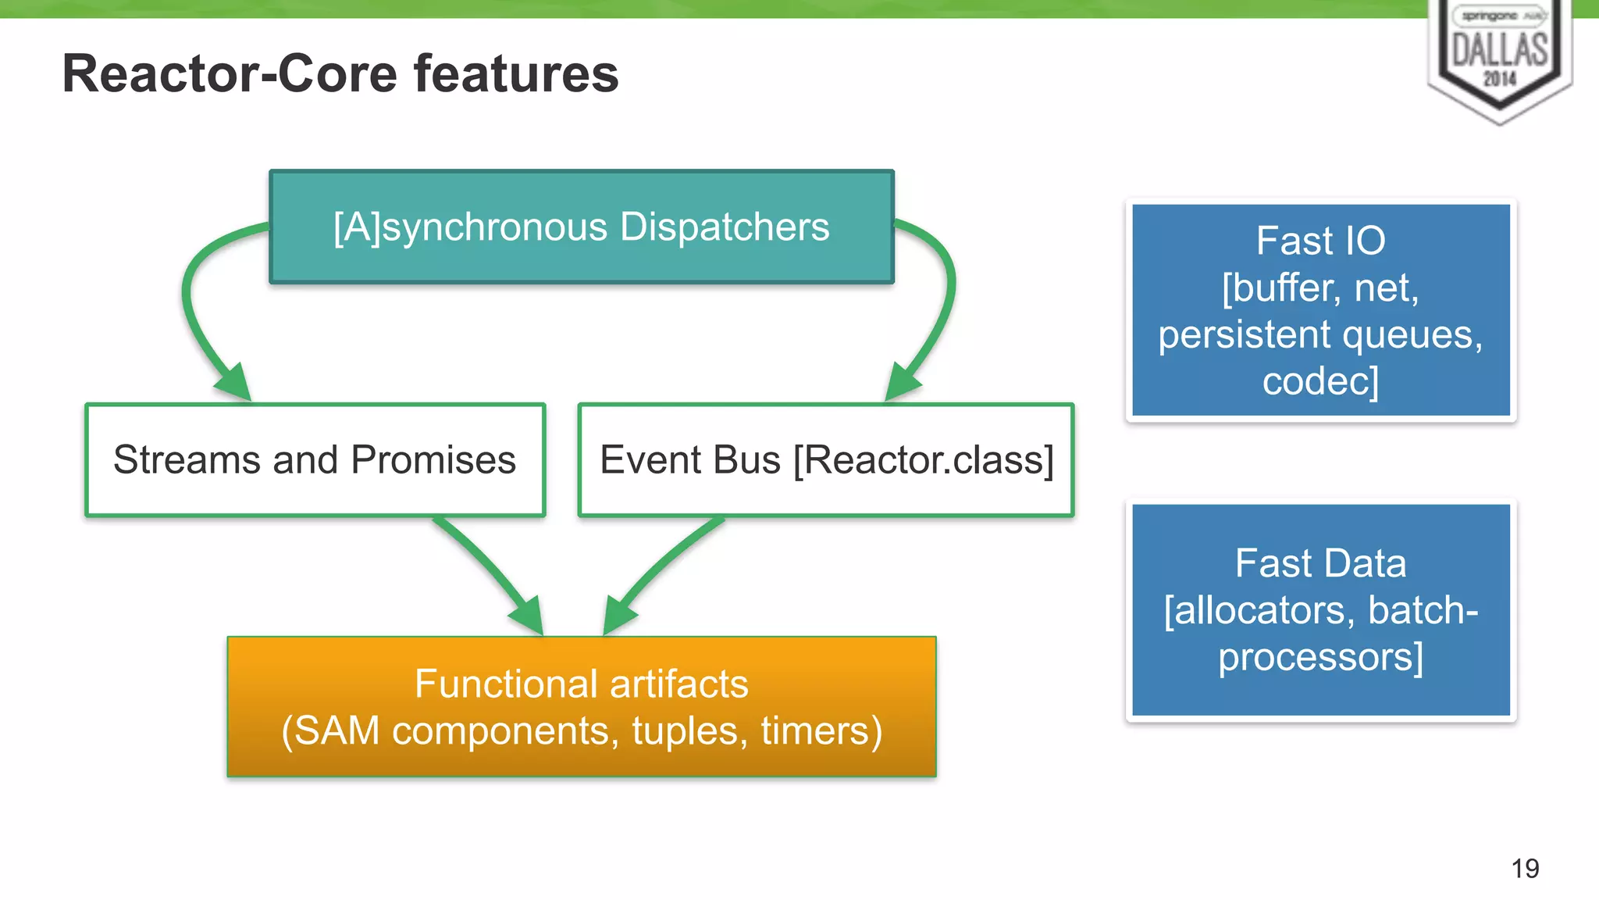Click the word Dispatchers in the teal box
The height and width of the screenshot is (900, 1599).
724,227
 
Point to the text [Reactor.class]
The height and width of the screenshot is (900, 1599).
924,459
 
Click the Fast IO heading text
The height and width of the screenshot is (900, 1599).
1320,241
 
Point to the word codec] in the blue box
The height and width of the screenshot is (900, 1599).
1320,381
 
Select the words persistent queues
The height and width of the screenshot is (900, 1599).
1320,334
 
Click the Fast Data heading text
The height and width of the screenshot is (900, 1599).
1320,563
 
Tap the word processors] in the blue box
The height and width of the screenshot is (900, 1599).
1320,657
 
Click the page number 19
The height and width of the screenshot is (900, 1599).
1525,868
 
